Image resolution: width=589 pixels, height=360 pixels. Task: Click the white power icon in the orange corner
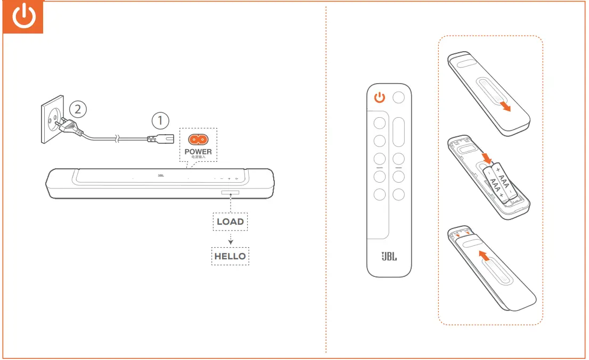24,18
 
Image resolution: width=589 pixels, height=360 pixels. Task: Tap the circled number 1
161,120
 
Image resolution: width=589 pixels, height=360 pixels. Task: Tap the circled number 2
78,109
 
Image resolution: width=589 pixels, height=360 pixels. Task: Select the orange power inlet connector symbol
198,140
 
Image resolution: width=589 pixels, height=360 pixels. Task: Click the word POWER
198,151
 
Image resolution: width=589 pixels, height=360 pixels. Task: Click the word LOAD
230,222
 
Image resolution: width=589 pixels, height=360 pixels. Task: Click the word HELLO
230,256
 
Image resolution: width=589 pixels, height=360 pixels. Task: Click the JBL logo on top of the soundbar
161,175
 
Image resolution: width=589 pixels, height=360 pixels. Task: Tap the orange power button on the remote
379,97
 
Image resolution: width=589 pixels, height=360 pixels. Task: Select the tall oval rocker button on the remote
398,132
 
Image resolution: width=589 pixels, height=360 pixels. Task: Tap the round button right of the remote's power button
398,97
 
